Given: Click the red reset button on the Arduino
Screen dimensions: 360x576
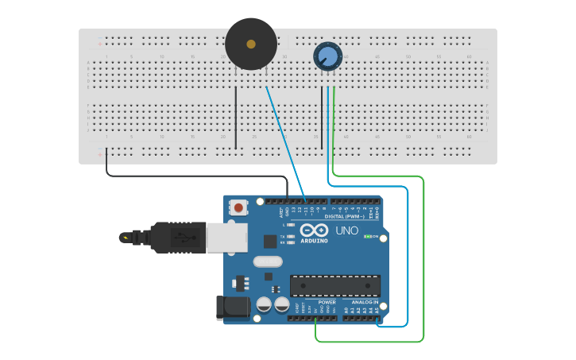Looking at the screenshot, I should coord(238,208).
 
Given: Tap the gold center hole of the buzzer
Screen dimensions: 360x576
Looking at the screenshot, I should coord(251,45).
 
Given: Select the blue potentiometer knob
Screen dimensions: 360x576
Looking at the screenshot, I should coord(327,56).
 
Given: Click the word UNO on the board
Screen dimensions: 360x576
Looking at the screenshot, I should coord(346,230).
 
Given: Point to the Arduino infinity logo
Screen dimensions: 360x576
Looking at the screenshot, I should coord(313,230).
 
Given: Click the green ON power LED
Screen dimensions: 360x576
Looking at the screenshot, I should coord(368,237).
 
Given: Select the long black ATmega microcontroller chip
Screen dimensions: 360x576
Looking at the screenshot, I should coord(334,285).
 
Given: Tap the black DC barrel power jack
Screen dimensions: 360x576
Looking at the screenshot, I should coord(228,308).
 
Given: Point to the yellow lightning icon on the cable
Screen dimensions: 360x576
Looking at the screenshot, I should coord(126,237).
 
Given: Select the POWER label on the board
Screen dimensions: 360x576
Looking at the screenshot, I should coord(327,302).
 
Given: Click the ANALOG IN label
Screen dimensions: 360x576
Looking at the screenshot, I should coord(365,302).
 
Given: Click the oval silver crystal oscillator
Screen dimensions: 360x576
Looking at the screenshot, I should coord(268,261).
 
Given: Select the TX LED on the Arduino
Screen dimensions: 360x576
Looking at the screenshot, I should coord(292,236).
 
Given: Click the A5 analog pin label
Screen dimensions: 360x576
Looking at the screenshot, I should coord(377,310).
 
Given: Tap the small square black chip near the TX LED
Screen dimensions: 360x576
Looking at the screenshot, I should coord(270,240).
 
